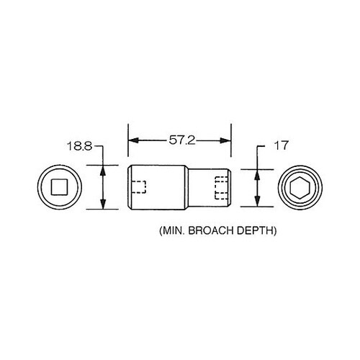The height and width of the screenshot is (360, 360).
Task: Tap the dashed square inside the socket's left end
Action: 140,187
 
